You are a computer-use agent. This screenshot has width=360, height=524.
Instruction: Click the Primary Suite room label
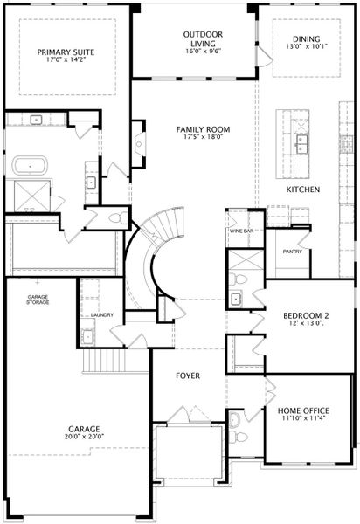pos(66,52)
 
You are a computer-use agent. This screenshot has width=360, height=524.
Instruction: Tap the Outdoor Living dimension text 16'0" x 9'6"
pos(204,52)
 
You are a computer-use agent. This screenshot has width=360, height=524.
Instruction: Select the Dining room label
pos(307,38)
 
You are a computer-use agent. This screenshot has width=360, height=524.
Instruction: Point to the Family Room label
pos(203,129)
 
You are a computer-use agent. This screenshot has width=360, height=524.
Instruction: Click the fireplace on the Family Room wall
pos(139,144)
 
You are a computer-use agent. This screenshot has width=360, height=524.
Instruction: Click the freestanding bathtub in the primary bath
pos(30,166)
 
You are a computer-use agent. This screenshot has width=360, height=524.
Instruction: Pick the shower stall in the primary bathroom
pos(32,196)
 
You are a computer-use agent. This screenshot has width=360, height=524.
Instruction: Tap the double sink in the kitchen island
pos(301,144)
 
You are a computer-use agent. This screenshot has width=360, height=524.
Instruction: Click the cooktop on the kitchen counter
pos(346,144)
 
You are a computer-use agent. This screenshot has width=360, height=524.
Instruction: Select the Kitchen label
pos(303,190)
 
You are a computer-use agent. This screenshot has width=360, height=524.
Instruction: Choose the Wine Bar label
pos(241,231)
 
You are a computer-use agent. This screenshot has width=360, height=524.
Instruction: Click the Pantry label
pos(293,252)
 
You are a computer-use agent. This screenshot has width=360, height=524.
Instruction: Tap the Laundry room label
pos(102,314)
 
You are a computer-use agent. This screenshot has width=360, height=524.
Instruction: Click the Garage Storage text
pos(38,300)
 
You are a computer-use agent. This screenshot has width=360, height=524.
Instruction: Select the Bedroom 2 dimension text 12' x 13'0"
pos(306,323)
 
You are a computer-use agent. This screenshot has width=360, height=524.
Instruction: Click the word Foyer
pos(188,376)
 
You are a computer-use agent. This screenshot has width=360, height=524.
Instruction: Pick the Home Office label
pos(303,410)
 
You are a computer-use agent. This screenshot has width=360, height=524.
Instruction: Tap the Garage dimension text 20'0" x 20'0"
pos(84,437)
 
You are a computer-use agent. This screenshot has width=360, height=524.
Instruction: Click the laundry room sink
pos(88,336)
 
